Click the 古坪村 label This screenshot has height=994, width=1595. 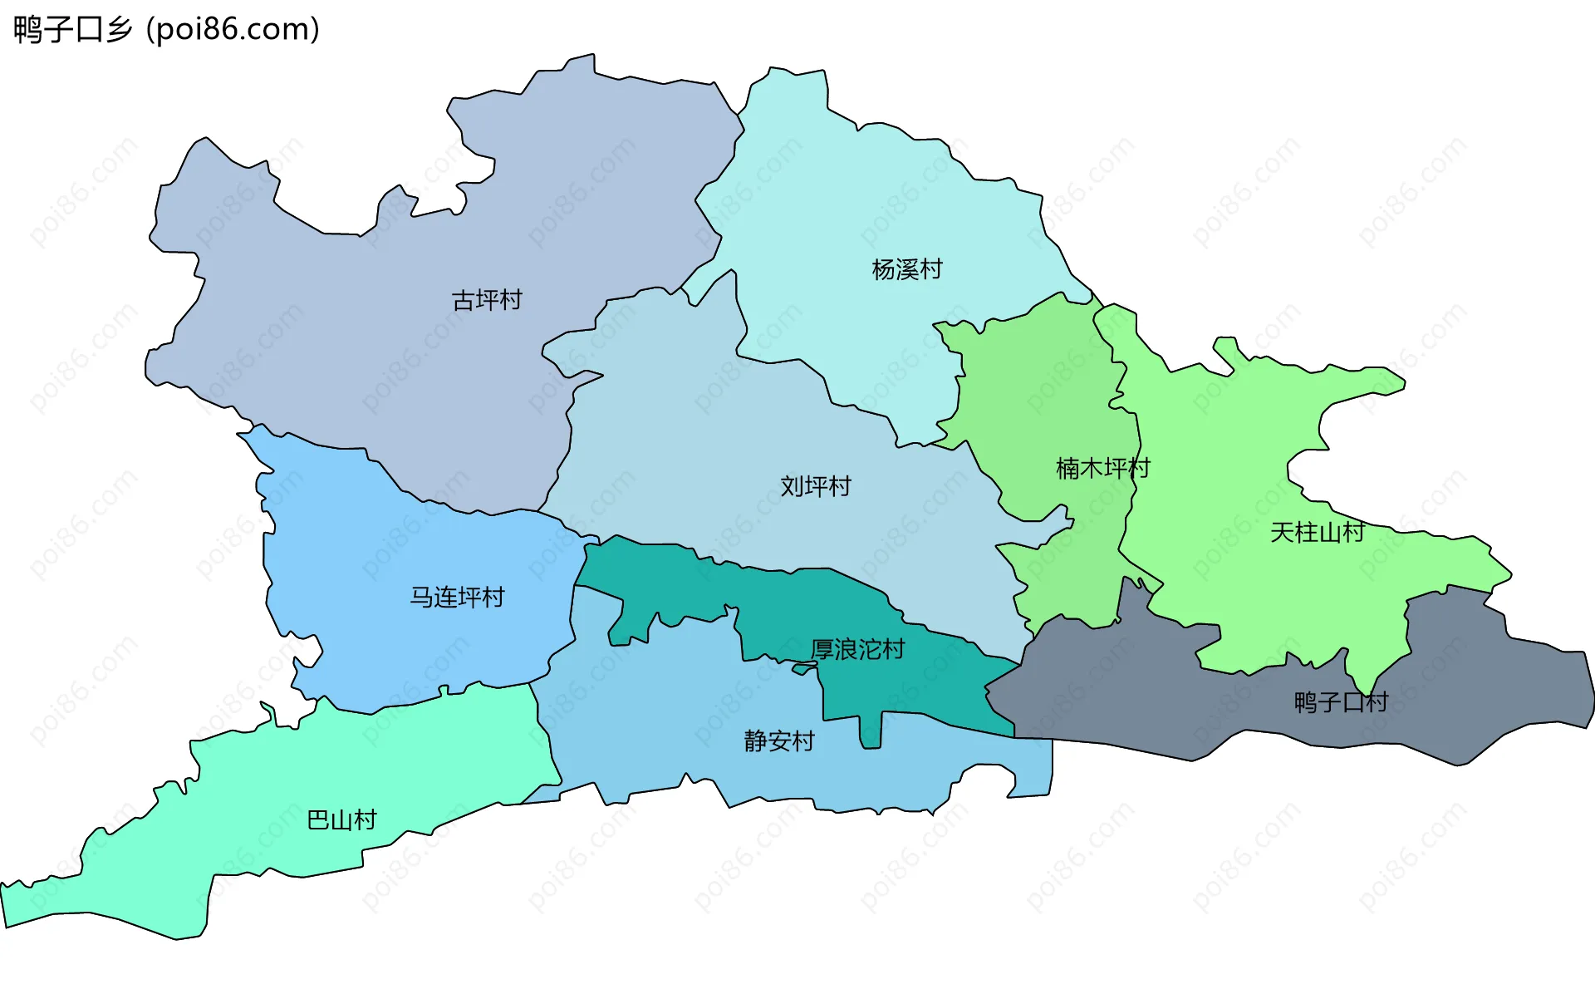coord(487,300)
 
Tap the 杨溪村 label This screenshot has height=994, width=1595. coord(907,269)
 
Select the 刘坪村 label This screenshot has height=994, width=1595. coord(816,486)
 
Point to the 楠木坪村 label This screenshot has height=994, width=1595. coord(1102,468)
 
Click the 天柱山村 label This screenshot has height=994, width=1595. coord(1317,532)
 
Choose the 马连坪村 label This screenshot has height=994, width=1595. coord(457,597)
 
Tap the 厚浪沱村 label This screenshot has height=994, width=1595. coord(857,649)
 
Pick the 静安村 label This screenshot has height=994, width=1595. coord(779,741)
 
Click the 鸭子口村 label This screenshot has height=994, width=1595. coord(1341,702)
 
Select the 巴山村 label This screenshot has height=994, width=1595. coord(341,820)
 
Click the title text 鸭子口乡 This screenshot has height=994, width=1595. coord(73,30)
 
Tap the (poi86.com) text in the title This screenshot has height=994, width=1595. coord(233,30)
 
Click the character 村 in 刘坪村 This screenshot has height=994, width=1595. coord(840,486)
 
